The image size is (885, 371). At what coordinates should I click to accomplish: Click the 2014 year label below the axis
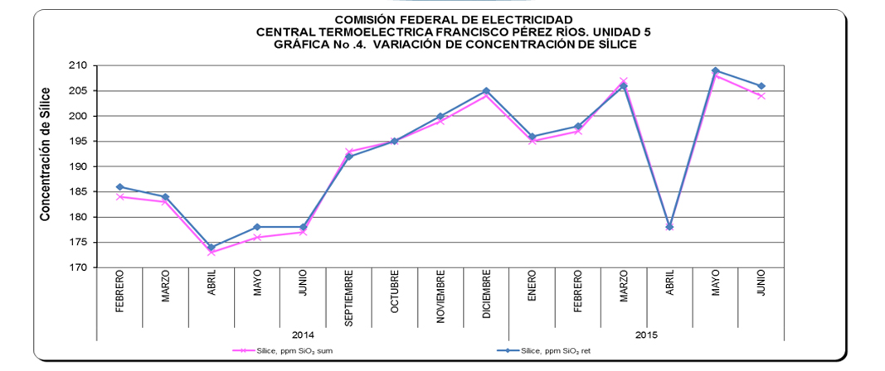pos(303,335)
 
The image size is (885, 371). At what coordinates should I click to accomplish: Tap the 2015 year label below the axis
pos(645,335)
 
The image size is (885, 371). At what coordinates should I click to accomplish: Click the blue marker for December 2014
pos(486,91)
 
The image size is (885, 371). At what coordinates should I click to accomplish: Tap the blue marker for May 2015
pos(715,70)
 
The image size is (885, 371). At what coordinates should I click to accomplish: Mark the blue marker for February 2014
pos(120,187)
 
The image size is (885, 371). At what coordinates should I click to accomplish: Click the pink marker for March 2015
pos(624,81)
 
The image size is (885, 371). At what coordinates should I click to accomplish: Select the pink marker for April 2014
pos(212,253)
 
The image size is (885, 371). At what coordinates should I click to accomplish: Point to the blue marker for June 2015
pos(761,86)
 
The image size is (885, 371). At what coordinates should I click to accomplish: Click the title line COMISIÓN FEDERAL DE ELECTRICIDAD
pos(452,19)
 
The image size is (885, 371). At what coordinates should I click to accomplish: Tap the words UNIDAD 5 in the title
pos(620,31)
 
